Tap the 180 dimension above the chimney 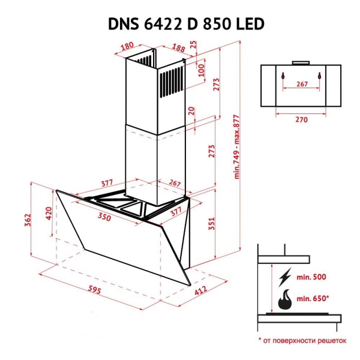coord(126,46)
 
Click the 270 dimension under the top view coord(301,119)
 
